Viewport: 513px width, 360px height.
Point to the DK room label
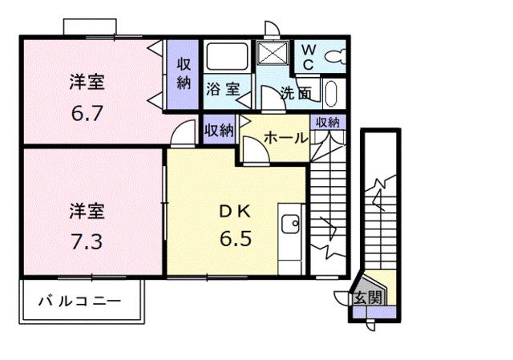(x=236, y=212)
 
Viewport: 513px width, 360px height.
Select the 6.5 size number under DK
(x=236, y=238)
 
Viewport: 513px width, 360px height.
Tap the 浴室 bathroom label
(x=222, y=89)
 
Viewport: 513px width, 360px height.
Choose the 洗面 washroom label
(x=296, y=92)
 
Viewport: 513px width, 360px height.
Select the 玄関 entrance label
(x=368, y=297)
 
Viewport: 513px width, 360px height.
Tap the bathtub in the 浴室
(x=228, y=58)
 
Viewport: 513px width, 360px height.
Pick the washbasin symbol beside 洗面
(x=331, y=94)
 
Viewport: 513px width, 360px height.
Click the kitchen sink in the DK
(x=290, y=222)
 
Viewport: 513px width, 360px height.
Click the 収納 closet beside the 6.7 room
(x=184, y=73)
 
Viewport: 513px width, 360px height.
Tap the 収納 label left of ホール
(x=218, y=128)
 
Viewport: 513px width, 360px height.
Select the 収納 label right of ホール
(x=327, y=123)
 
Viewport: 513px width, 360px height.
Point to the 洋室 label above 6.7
(x=87, y=83)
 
